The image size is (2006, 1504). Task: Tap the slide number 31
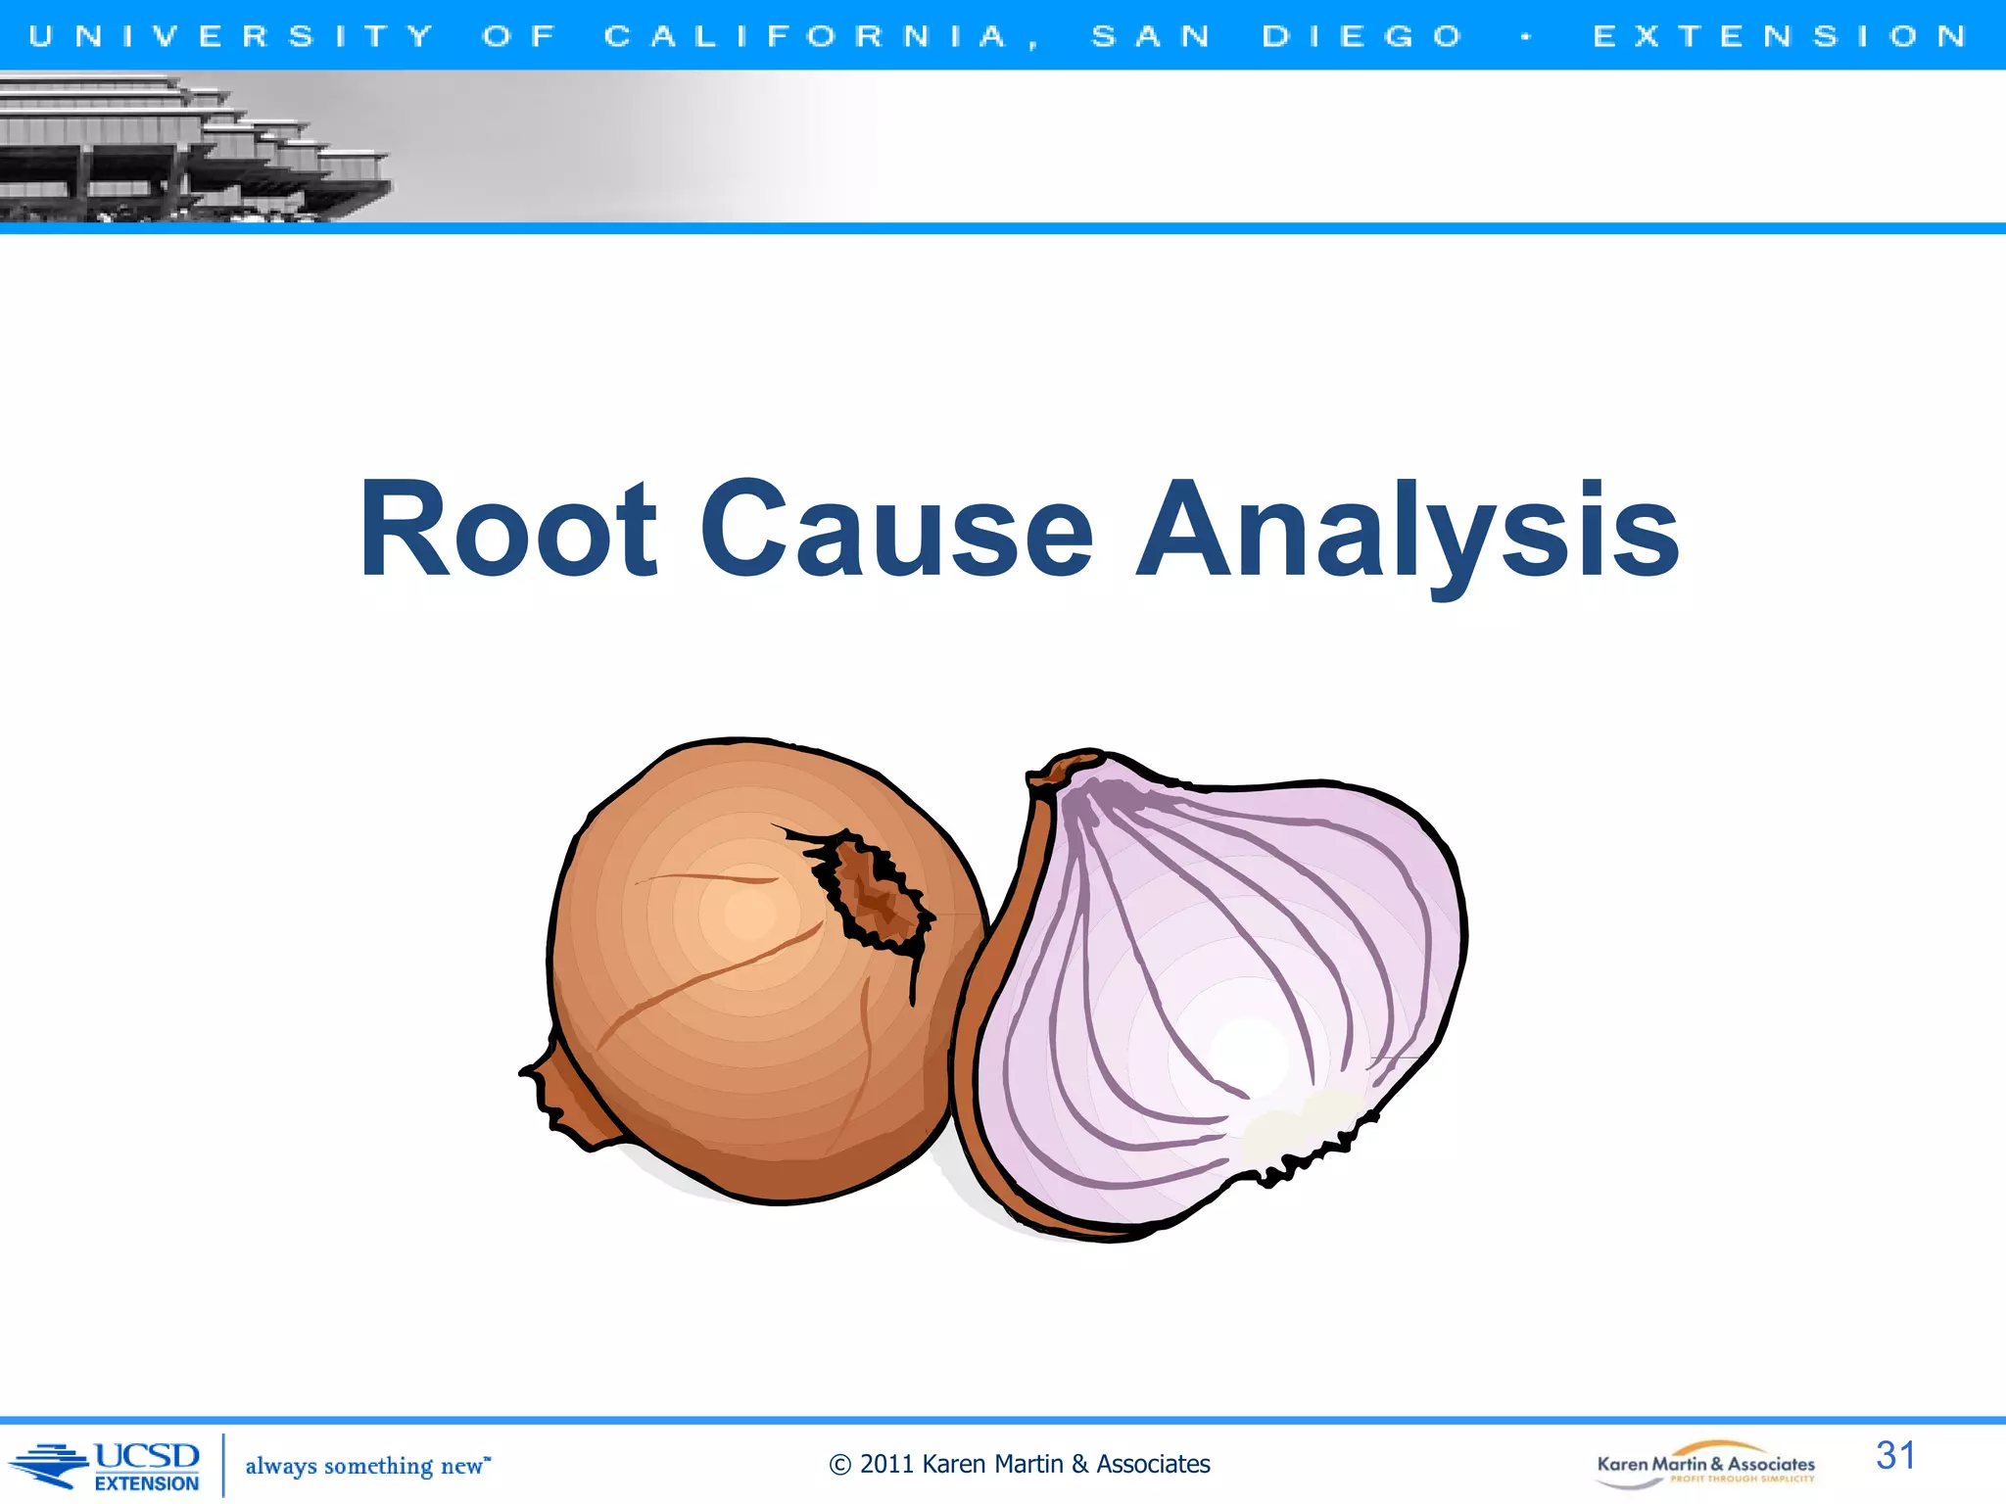click(x=1895, y=1455)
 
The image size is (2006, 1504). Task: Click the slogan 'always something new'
click(x=366, y=1466)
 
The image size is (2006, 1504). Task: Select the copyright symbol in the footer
click(x=839, y=1465)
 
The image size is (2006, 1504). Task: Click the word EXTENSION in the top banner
click(x=1780, y=36)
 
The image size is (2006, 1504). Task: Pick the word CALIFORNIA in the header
click(x=806, y=36)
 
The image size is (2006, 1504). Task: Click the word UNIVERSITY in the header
click(x=231, y=36)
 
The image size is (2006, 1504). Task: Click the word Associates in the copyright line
click(x=1153, y=1464)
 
